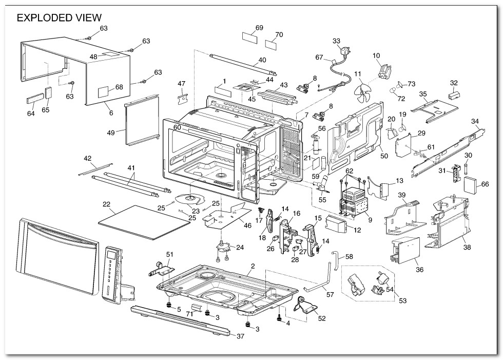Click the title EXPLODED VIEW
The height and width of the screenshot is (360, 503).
60,18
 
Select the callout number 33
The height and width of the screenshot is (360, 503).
336,41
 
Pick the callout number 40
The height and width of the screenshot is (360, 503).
262,60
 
